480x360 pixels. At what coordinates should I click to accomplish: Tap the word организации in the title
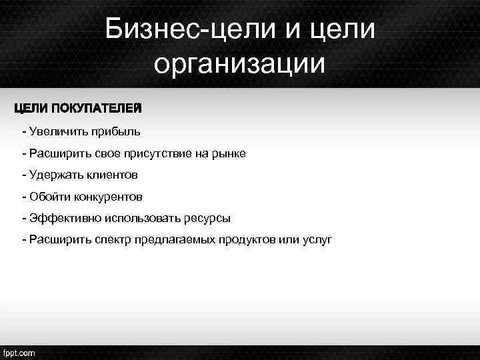point(240,65)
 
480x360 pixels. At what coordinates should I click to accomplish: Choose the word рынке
point(231,154)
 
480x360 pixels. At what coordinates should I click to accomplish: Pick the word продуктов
point(246,240)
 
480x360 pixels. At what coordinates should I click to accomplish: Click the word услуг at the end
point(317,240)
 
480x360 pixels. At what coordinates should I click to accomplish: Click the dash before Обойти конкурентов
point(24,197)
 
